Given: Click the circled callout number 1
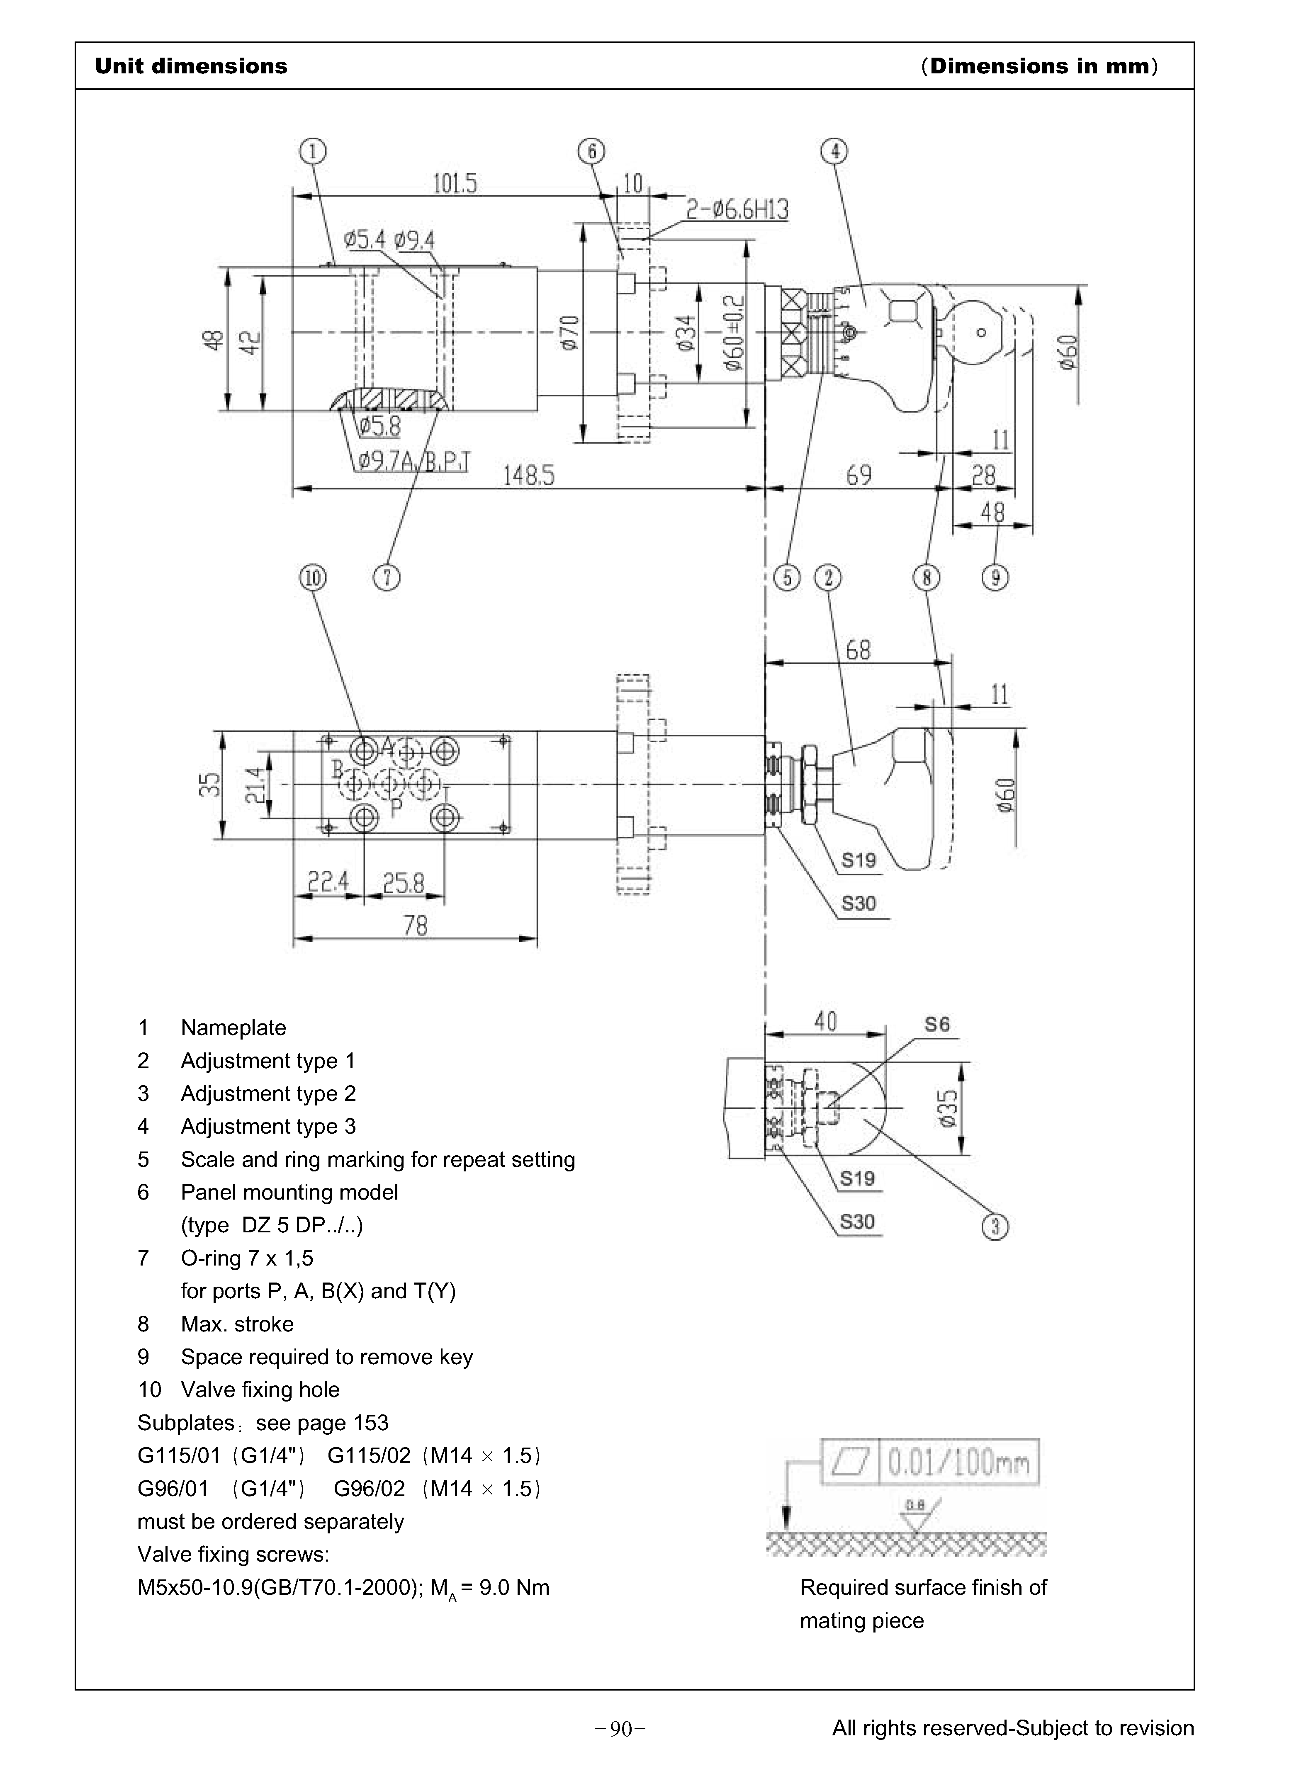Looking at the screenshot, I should pos(313,150).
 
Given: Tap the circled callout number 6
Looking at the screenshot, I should pos(591,150).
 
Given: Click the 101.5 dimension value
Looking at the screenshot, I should pos(455,184).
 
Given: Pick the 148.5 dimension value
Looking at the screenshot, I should pos(529,476).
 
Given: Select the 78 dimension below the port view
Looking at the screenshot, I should pos(415,926).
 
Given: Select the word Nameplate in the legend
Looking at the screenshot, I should pos(233,1028).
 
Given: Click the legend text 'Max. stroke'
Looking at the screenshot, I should pos(237,1324).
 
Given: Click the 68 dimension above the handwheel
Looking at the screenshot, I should pos(858,651).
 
